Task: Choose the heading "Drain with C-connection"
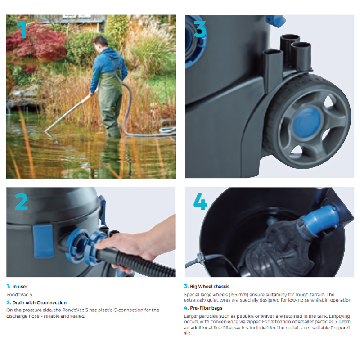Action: [x=40, y=303]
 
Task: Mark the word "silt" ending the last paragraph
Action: [x=188, y=333]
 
